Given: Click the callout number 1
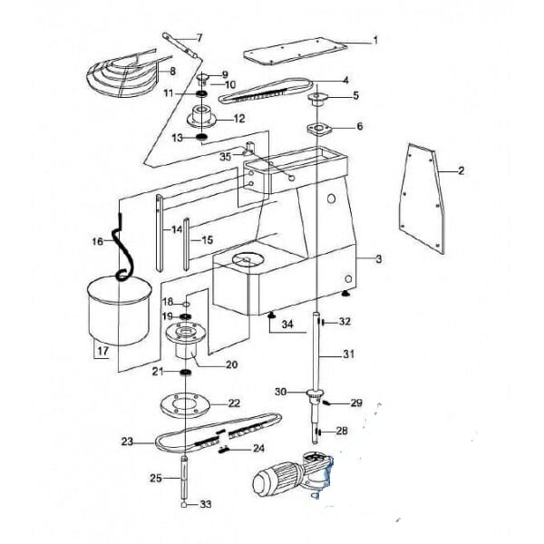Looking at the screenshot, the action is [x=375, y=41].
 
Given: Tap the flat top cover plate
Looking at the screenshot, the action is [x=295, y=52].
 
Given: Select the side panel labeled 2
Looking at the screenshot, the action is [x=422, y=199].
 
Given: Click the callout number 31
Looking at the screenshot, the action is [x=349, y=355].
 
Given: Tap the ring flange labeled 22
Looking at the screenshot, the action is [x=186, y=405].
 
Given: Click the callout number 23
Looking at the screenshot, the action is [x=127, y=442].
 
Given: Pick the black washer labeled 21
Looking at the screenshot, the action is [x=186, y=373].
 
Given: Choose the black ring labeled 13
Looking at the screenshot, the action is [x=202, y=137].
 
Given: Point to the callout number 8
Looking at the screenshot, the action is [x=172, y=72].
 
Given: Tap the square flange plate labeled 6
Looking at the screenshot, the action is [x=319, y=129].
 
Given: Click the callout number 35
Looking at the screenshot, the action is [x=225, y=157].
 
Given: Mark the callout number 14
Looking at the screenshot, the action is [x=177, y=229].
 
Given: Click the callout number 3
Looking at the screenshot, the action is [x=378, y=259].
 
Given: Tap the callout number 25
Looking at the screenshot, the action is [x=156, y=478].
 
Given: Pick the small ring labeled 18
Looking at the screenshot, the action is [x=186, y=305].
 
